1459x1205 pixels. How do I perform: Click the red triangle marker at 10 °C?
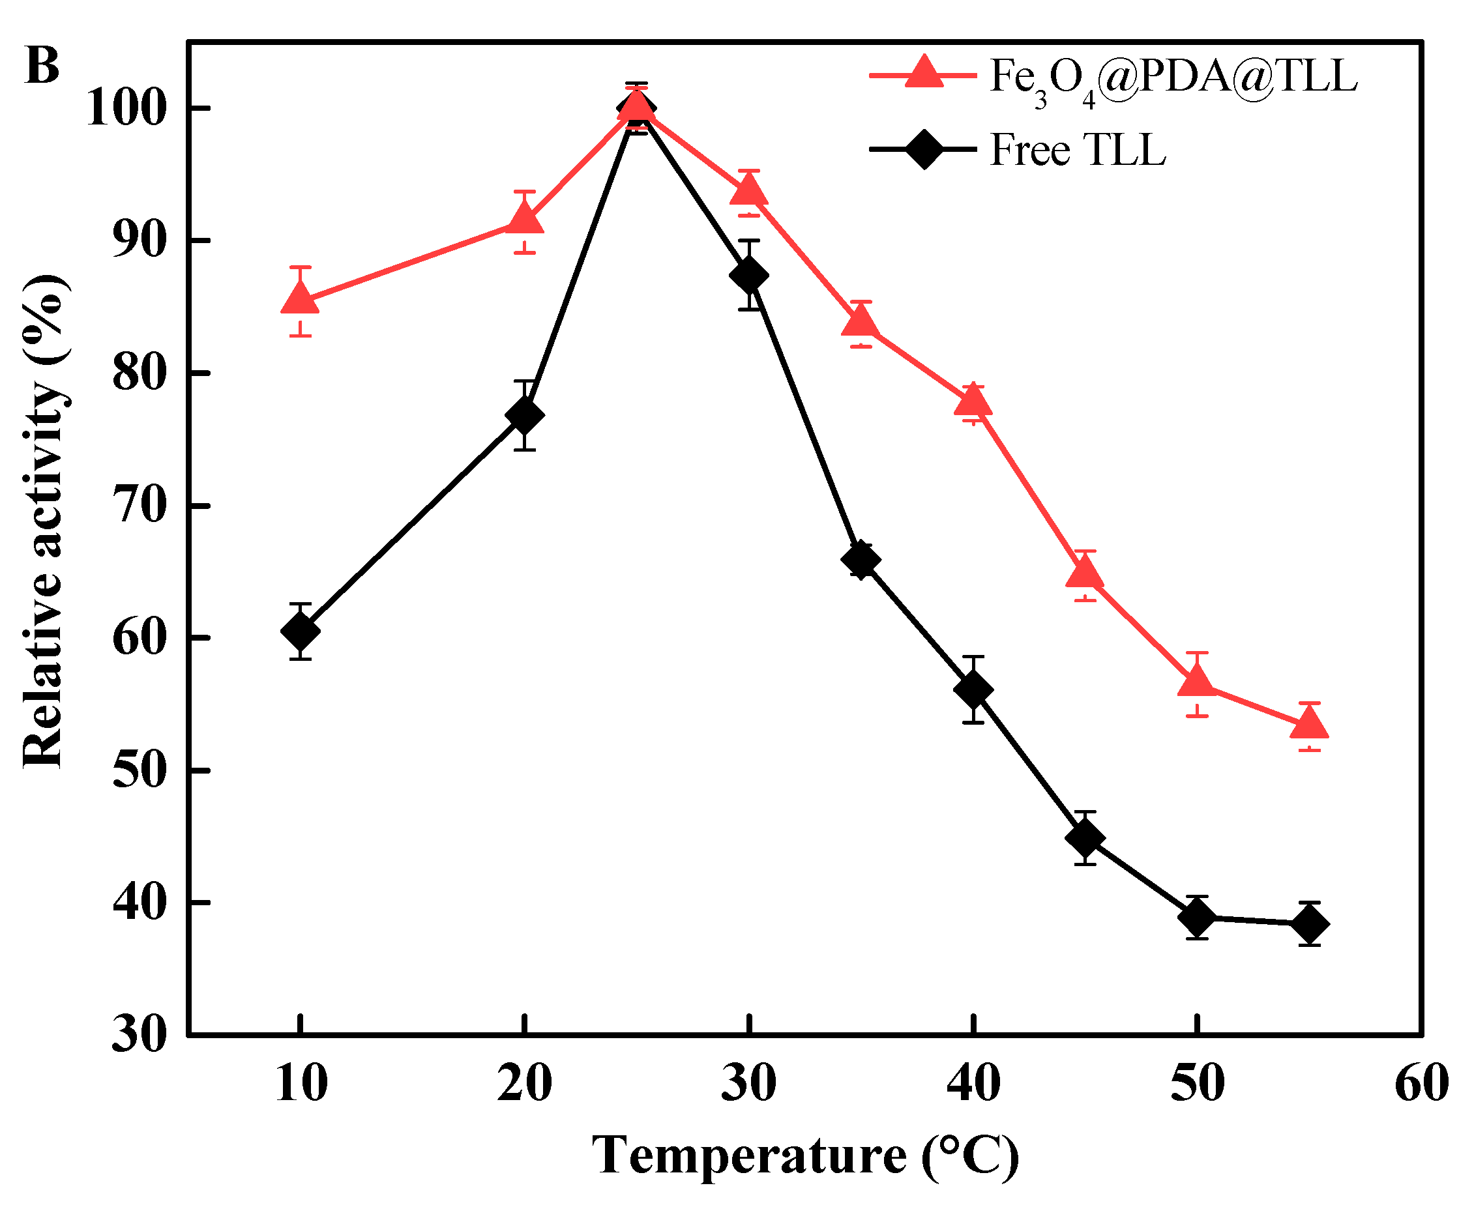[299, 300]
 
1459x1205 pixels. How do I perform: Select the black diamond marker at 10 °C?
[300, 630]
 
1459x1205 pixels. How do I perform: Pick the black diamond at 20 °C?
[524, 414]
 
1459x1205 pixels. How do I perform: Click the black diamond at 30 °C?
[748, 275]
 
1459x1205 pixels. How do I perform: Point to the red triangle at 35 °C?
[861, 322]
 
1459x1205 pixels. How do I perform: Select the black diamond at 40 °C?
[973, 689]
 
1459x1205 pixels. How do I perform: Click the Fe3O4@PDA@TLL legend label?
[1172, 78]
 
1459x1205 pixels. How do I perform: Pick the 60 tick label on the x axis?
[1421, 1083]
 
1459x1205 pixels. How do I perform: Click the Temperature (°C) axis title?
[806, 1155]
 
